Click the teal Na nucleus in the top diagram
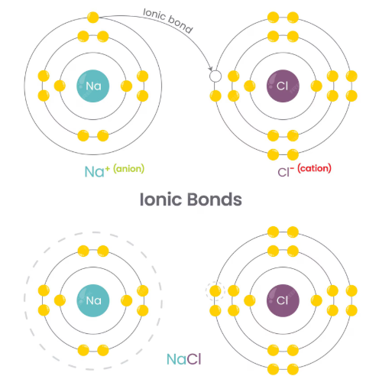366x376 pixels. pyautogui.click(x=93, y=86)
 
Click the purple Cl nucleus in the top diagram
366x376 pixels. pyautogui.click(x=283, y=86)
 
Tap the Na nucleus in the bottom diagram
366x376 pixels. pyautogui.click(x=93, y=300)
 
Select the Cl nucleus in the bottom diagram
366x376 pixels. pyautogui.click(x=283, y=300)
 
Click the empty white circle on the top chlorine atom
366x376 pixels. pyautogui.click(x=215, y=76)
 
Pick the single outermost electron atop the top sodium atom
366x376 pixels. pyautogui.click(x=93, y=18)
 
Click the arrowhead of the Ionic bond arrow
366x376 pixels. pyautogui.click(x=210, y=68)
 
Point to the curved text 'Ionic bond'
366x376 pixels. pyautogui.click(x=167, y=21)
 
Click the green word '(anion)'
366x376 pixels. pyautogui.click(x=129, y=169)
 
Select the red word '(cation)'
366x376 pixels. pyautogui.click(x=314, y=168)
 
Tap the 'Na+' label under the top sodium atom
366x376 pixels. pyautogui.click(x=97, y=171)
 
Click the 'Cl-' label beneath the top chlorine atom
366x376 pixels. pyautogui.click(x=286, y=172)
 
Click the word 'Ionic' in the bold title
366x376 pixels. pyautogui.click(x=160, y=199)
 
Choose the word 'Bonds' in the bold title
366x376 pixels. pyautogui.click(x=215, y=199)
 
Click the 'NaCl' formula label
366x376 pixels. pyautogui.click(x=184, y=359)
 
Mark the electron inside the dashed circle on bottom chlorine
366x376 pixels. pyautogui.click(x=215, y=291)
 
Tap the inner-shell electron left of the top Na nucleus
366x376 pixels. pyautogui.click(x=60, y=86)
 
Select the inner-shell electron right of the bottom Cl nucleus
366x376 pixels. pyautogui.click(x=316, y=300)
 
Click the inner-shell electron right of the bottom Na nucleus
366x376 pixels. pyautogui.click(x=126, y=300)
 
